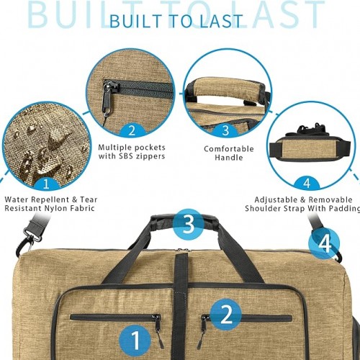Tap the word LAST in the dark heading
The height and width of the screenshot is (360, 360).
[221, 21]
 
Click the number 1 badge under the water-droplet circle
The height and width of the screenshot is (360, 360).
[46, 184]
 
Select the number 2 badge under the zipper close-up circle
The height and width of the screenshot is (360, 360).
[132, 131]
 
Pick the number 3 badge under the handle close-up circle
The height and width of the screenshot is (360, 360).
[225, 130]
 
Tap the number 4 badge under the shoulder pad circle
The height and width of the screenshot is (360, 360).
[307, 184]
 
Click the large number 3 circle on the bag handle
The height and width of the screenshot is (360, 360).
[189, 225]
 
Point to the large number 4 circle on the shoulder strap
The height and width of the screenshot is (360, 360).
[324, 243]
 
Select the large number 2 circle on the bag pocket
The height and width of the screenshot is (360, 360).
[225, 315]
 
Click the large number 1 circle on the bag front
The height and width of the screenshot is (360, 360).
[135, 341]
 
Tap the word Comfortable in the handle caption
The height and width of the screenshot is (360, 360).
[229, 149]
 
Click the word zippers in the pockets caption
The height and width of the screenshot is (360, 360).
[149, 156]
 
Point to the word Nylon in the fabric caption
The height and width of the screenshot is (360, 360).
[58, 208]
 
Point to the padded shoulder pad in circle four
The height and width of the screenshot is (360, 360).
[310, 148]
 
